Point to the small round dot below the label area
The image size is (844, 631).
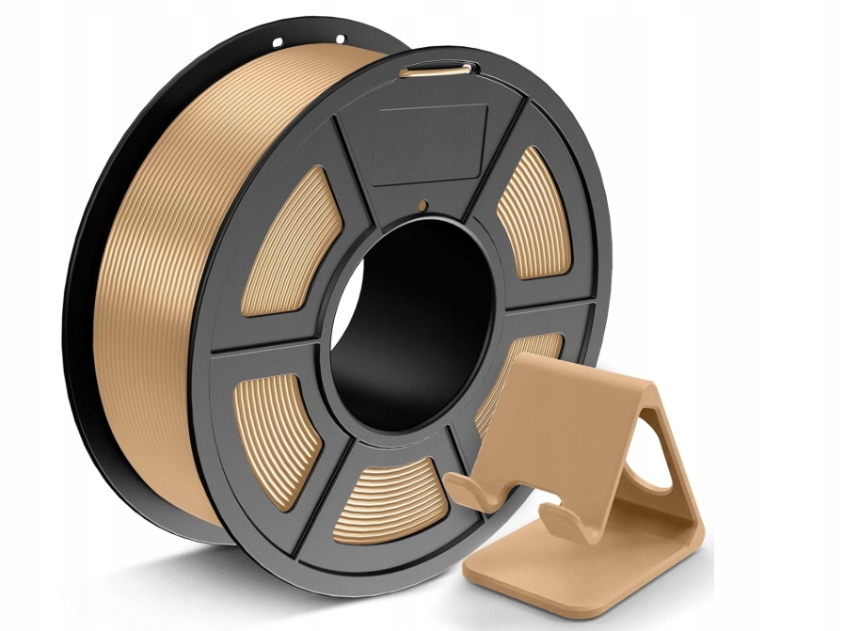coord(422,205)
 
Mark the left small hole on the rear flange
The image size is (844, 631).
coord(278,42)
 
